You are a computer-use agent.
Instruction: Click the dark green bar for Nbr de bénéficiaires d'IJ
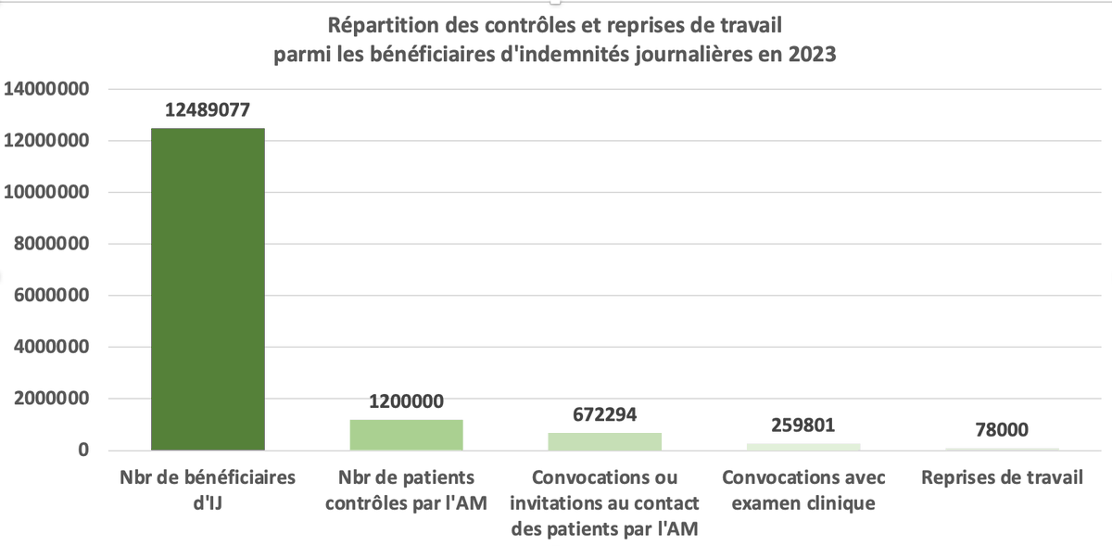point(208,289)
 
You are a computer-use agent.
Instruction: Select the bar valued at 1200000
point(406,435)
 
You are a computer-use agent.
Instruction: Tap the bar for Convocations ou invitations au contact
point(604,441)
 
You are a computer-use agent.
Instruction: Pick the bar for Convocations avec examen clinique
point(802,447)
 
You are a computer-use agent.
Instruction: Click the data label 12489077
point(208,110)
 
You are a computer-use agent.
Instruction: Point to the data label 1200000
point(406,401)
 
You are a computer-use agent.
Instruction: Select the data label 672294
point(604,414)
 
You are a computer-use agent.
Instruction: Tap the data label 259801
point(802,425)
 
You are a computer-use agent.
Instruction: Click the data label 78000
point(1001,430)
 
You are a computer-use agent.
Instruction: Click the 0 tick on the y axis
point(82,451)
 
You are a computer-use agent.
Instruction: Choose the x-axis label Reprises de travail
point(1001,478)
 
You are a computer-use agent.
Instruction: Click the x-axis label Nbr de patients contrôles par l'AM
point(406,490)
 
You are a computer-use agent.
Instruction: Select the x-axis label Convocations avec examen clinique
point(802,490)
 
